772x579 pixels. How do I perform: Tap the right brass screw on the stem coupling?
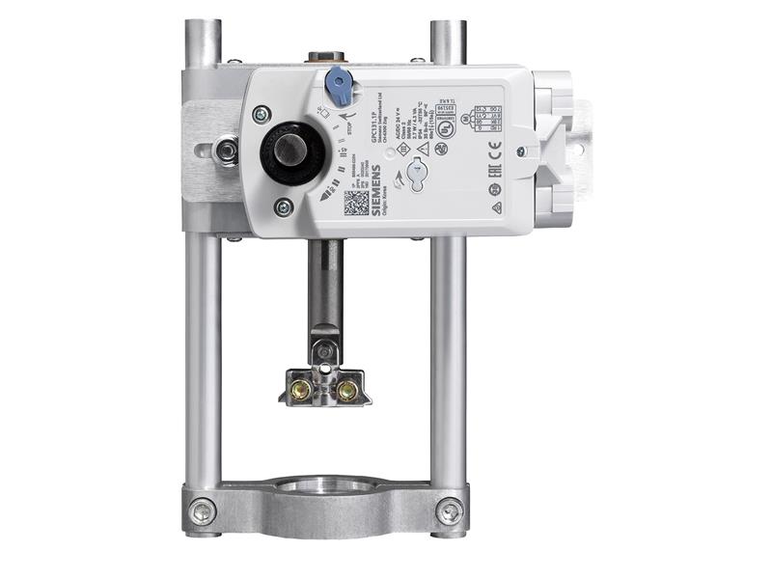click(345, 389)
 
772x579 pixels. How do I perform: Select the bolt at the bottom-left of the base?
click(203, 511)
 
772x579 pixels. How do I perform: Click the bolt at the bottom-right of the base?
click(449, 510)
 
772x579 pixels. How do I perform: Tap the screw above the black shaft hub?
click(261, 114)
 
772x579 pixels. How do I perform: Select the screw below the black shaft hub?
click(283, 207)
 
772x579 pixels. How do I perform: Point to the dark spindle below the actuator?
click(325, 285)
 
